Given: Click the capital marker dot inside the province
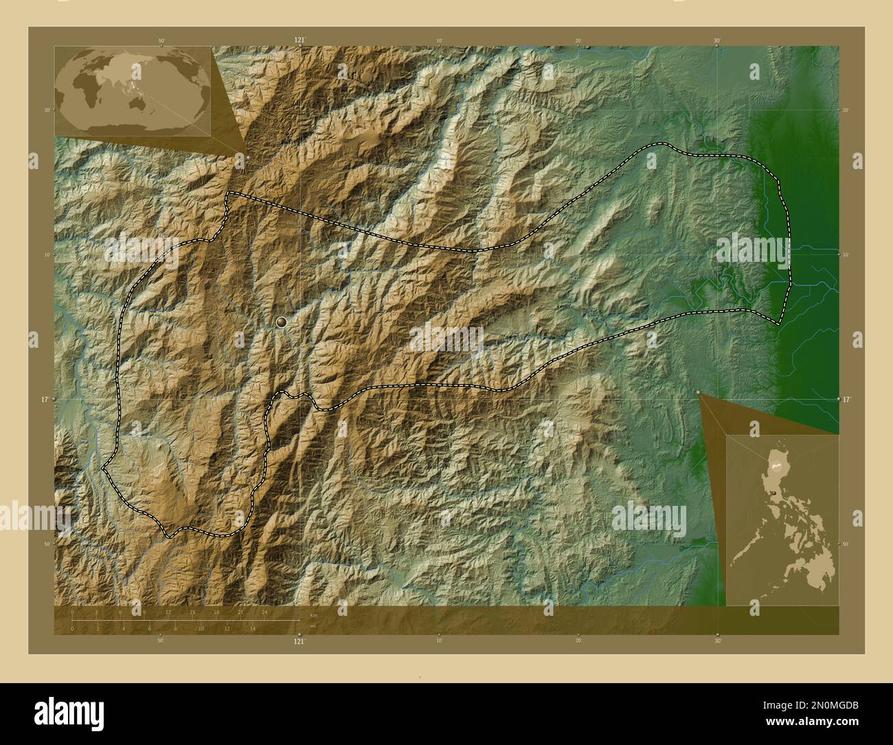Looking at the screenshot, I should click(x=281, y=322).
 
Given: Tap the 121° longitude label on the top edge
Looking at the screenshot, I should click(x=299, y=41).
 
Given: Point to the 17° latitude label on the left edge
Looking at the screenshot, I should click(x=45, y=399).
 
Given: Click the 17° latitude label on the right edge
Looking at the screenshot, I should click(x=846, y=399).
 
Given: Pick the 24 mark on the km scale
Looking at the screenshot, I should click(x=264, y=612).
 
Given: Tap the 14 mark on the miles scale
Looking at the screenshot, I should click(x=253, y=628).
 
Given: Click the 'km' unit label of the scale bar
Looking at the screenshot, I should click(x=313, y=615).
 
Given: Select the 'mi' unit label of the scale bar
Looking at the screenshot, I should click(x=313, y=626).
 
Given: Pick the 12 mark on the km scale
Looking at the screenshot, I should click(x=168, y=612).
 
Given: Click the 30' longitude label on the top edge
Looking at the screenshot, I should click(x=717, y=41).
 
